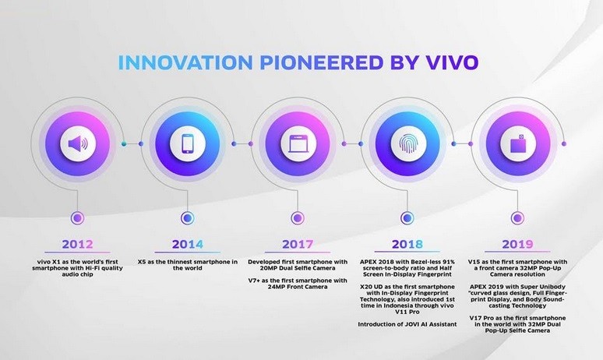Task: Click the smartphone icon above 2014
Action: pyautogui.click(x=186, y=144)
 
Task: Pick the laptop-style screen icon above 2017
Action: pyautogui.click(x=296, y=144)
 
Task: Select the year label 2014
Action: pyautogui.click(x=186, y=243)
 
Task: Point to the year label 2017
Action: pyautogui.click(x=296, y=243)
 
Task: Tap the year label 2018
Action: pyautogui.click(x=406, y=243)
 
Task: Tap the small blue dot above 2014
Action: pyautogui.click(x=186, y=217)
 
